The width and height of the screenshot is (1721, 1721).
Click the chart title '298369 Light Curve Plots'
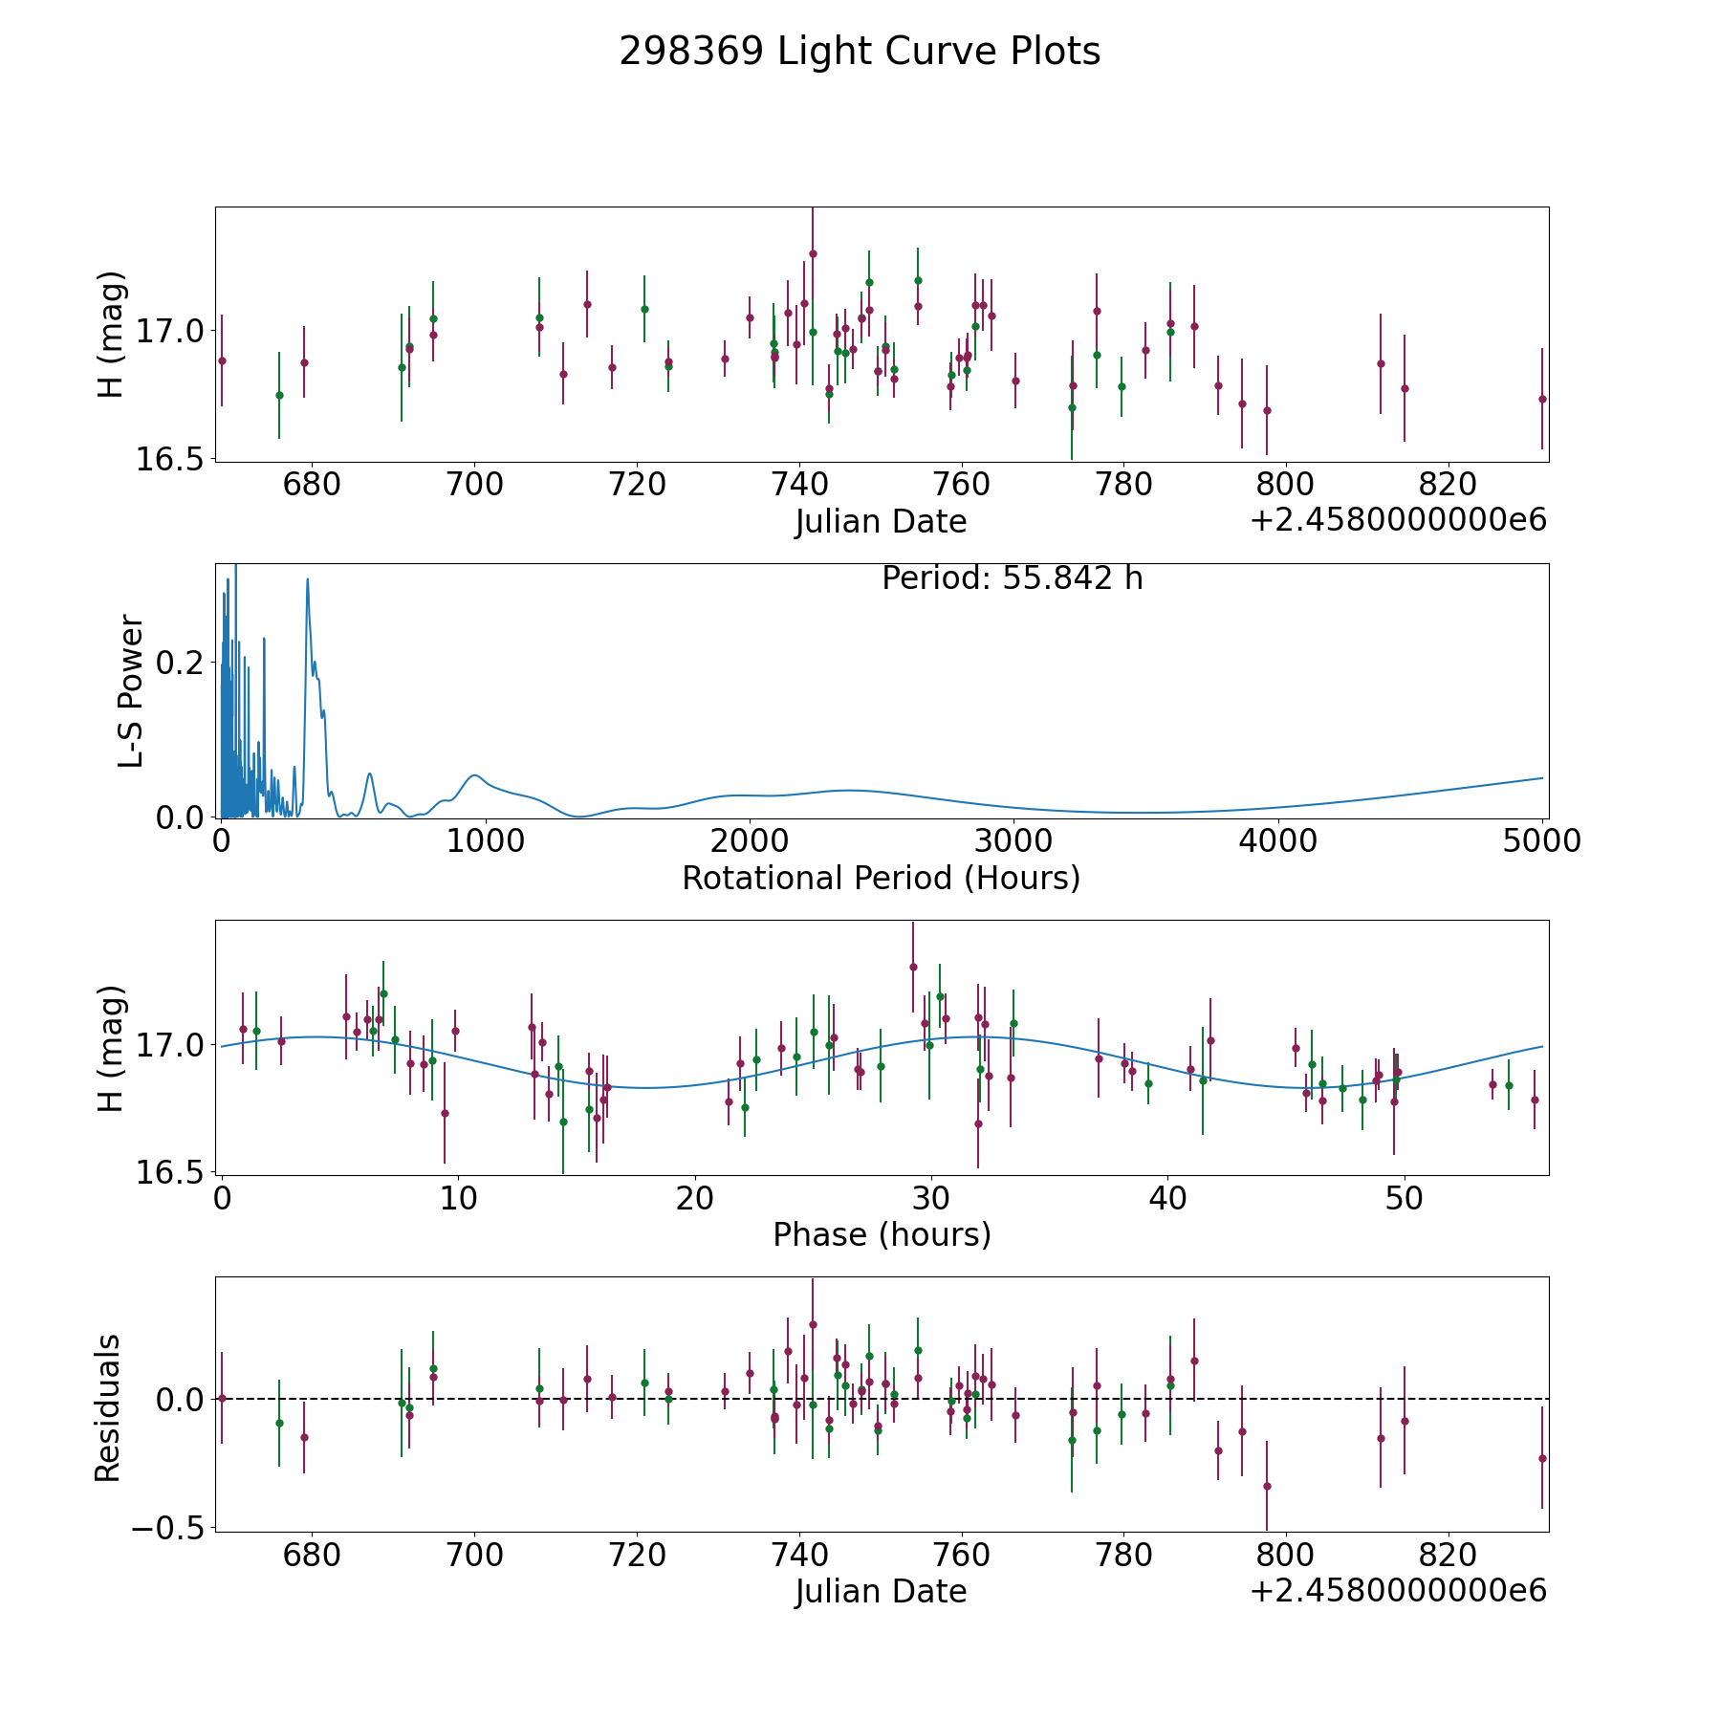coord(860,52)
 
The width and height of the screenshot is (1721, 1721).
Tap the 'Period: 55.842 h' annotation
coord(1012,578)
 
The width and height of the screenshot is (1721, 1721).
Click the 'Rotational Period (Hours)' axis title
coord(881,878)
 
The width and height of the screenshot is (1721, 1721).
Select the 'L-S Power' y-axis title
coord(131,691)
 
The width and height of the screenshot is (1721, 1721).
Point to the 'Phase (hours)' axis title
coord(882,1234)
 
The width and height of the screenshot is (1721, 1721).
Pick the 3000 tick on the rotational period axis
coord(1013,840)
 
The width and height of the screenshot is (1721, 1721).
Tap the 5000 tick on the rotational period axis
coord(1541,840)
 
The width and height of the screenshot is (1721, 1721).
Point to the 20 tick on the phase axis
coord(694,1197)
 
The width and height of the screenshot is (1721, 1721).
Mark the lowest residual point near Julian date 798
coord(1267,1486)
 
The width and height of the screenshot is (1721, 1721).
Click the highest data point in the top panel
coord(813,253)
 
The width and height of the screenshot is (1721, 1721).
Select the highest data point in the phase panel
coord(913,967)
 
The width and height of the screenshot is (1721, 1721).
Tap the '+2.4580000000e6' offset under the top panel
coord(1398,521)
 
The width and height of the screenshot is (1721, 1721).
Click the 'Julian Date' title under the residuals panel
coord(881,1591)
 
